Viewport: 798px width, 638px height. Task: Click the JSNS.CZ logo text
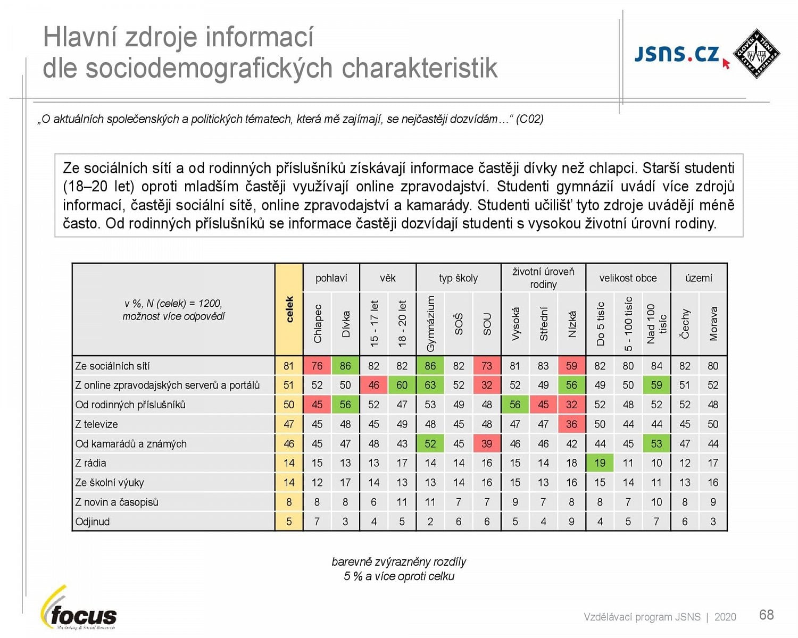click(x=677, y=54)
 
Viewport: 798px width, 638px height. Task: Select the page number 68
click(x=766, y=615)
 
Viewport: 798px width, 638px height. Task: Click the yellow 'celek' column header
click(x=289, y=309)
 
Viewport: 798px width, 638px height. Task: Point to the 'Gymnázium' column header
click(x=430, y=323)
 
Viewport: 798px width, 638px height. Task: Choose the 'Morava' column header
click(x=713, y=323)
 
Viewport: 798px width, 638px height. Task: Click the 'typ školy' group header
click(x=458, y=278)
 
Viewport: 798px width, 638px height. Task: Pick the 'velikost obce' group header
click(x=628, y=278)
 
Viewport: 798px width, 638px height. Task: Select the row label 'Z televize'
click(x=96, y=424)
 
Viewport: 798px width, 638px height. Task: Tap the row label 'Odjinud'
click(x=93, y=522)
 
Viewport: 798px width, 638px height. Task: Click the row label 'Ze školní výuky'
click(x=110, y=483)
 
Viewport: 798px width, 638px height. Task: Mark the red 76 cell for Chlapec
click(x=317, y=366)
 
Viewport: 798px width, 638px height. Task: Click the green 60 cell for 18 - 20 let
click(x=402, y=385)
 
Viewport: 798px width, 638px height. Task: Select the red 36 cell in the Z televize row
click(x=571, y=424)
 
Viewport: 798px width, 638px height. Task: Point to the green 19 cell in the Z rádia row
click(x=600, y=463)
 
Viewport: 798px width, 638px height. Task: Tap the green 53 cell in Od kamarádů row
click(x=656, y=444)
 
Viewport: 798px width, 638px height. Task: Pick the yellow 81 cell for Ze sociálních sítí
click(x=289, y=366)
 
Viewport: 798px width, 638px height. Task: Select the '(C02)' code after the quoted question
click(x=529, y=119)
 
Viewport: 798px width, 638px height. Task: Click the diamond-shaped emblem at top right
click(x=757, y=53)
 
